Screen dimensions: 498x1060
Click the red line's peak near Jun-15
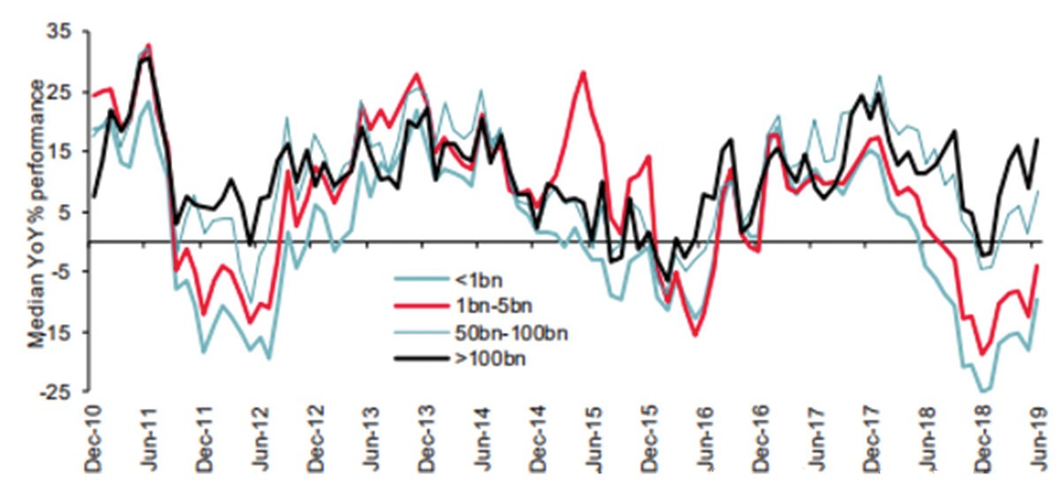[x=584, y=72]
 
